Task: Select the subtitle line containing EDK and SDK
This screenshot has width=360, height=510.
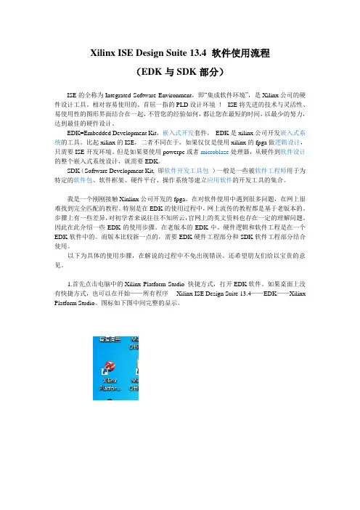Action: [x=180, y=73]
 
